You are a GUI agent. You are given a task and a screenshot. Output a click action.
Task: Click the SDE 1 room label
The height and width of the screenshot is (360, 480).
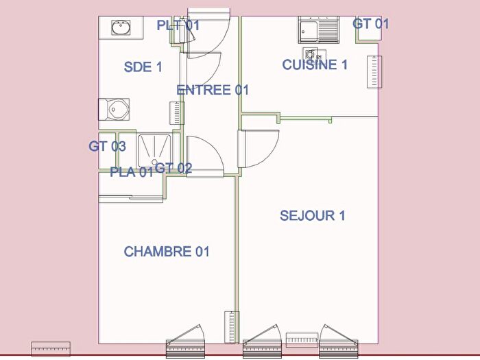point(143,67)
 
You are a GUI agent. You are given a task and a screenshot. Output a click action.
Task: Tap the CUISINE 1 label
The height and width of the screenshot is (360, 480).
point(315,65)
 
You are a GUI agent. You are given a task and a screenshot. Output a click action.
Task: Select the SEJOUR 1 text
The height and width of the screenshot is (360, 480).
point(312,215)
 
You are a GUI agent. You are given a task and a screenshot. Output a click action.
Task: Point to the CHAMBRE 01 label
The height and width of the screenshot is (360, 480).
point(166,252)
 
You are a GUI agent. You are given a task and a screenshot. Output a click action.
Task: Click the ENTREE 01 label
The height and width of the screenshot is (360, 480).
point(213,90)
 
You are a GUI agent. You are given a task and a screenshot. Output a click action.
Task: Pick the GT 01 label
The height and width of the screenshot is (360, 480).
point(371,24)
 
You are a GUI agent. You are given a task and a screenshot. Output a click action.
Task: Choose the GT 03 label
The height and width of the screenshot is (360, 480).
point(108,146)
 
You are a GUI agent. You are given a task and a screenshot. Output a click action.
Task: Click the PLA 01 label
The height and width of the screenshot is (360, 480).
point(132,172)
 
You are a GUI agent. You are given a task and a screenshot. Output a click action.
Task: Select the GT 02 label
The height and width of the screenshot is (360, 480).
point(173,167)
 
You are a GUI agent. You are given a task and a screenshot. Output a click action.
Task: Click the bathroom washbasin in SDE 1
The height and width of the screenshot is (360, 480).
point(121,27)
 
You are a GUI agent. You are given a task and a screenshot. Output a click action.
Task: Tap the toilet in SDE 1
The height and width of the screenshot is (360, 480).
point(115,108)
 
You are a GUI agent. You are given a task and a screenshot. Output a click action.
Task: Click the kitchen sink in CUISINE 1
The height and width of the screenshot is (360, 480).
point(318,30)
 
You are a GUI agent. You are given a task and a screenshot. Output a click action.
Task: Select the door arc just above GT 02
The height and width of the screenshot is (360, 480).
point(204,154)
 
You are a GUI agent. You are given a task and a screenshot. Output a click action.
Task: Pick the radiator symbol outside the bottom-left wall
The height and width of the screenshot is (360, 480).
point(51,348)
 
